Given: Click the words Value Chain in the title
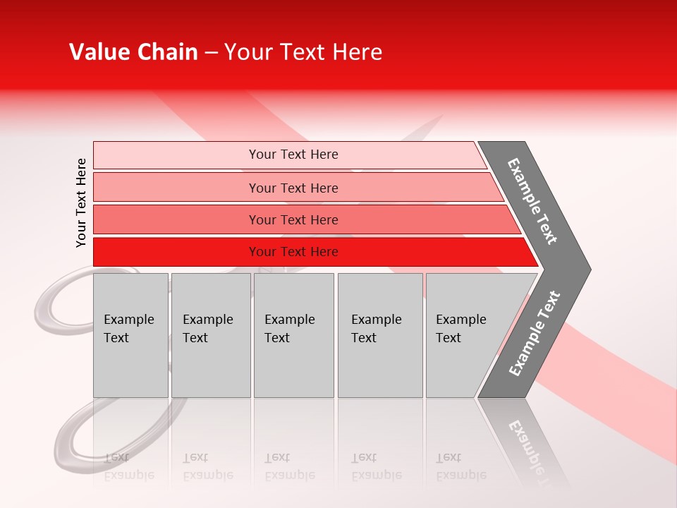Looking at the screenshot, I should click(133, 52).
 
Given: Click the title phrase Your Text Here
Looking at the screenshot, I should click(303, 52).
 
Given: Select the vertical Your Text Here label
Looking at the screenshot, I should click(81, 202).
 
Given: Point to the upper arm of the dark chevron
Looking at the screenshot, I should click(532, 201).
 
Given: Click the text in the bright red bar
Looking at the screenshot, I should click(293, 252).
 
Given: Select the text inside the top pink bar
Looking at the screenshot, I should click(293, 155).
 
